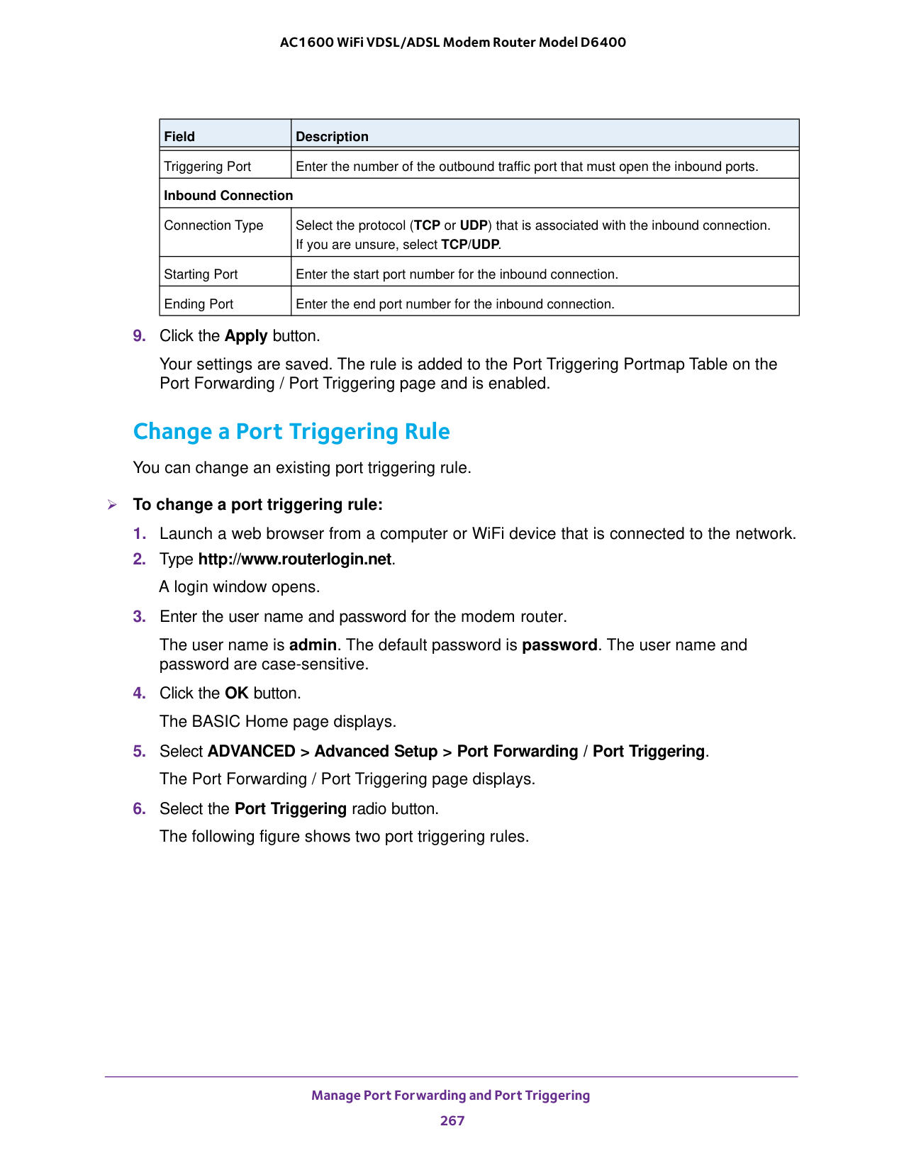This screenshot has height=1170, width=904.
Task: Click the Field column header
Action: (179, 136)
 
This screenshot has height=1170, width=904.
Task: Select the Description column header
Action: (332, 136)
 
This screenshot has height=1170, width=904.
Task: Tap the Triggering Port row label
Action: (208, 167)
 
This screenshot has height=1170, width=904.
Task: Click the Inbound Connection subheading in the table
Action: (228, 196)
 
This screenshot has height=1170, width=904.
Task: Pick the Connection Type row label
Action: (213, 225)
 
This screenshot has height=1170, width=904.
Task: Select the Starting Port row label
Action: (201, 274)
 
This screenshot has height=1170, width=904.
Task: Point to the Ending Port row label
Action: (199, 304)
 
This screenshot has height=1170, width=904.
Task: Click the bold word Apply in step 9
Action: (246, 336)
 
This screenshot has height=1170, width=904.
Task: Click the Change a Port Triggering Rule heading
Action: (291, 432)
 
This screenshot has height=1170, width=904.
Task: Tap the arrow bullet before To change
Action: (111, 505)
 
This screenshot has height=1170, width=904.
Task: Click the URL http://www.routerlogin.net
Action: (294, 559)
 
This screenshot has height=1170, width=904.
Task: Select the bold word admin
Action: (313, 645)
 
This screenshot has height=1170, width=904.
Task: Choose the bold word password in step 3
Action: (559, 645)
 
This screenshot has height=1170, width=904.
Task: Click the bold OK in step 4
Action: (237, 693)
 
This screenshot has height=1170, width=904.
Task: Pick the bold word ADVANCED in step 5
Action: (252, 752)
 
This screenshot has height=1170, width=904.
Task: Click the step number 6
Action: (139, 809)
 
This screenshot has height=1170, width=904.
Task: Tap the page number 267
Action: (452, 1120)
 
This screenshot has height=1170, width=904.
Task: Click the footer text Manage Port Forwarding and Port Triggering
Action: (451, 1096)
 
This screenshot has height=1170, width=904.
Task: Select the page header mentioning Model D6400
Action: (453, 43)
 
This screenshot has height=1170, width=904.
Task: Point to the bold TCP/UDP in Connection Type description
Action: (470, 245)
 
